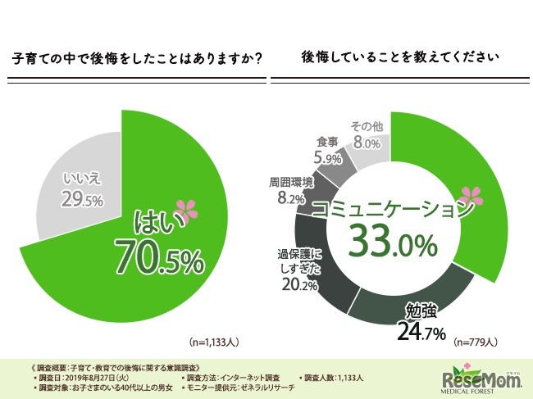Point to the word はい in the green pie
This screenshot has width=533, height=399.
[159, 221]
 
